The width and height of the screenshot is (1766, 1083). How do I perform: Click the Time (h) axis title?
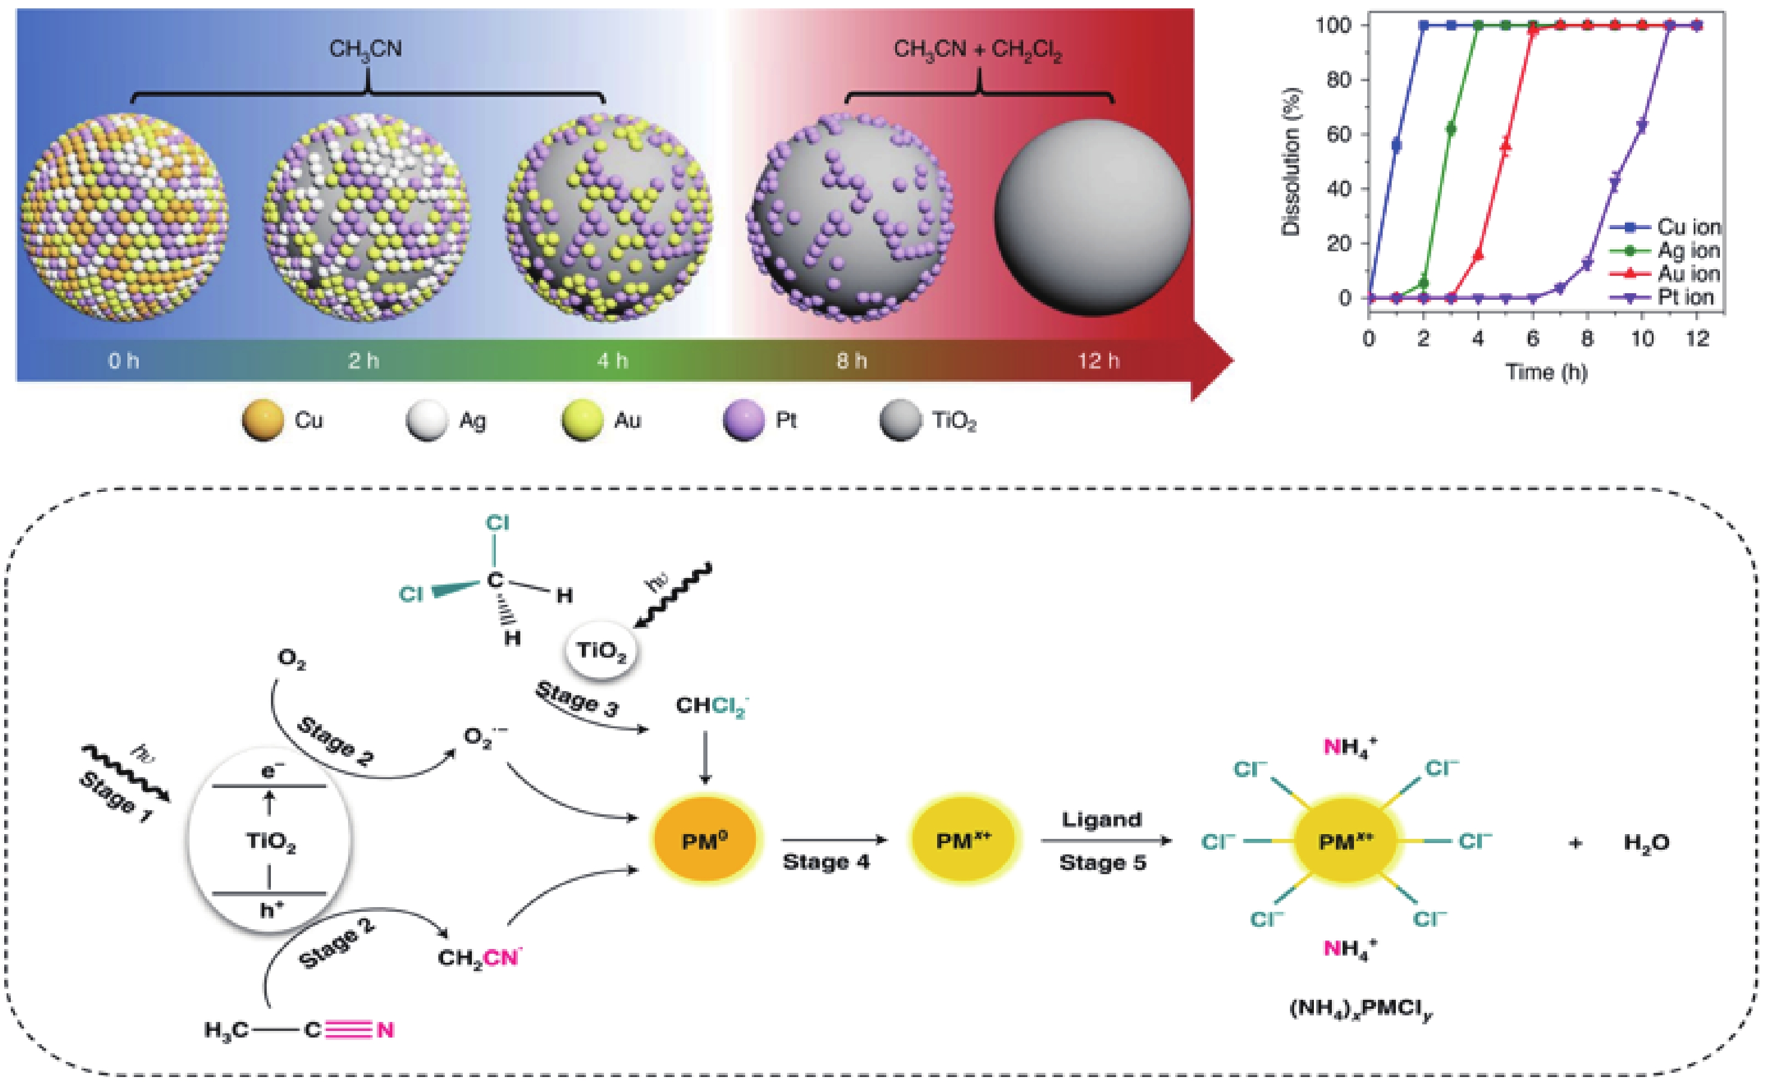pyautogui.click(x=1546, y=372)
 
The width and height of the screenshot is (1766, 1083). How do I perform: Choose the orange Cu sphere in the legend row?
pyautogui.click(x=263, y=420)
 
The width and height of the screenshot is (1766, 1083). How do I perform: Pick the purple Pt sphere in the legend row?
pyautogui.click(x=744, y=420)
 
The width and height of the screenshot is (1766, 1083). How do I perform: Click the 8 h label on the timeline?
pyautogui.click(x=852, y=360)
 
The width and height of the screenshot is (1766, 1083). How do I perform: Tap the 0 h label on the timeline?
pyautogui.click(x=123, y=360)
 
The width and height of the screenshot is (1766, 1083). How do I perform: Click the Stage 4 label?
pyautogui.click(x=826, y=862)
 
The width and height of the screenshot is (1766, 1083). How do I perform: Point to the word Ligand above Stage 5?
pyautogui.click(x=1102, y=819)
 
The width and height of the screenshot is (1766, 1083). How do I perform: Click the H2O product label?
pyautogui.click(x=1646, y=842)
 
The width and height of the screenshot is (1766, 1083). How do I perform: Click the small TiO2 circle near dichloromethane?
pyautogui.click(x=602, y=651)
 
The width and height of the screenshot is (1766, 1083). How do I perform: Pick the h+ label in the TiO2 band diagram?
pyautogui.click(x=272, y=910)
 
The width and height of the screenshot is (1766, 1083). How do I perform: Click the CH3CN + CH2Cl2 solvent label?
pyautogui.click(x=978, y=50)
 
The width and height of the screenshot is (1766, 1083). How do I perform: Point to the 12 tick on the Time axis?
pyautogui.click(x=1697, y=338)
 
